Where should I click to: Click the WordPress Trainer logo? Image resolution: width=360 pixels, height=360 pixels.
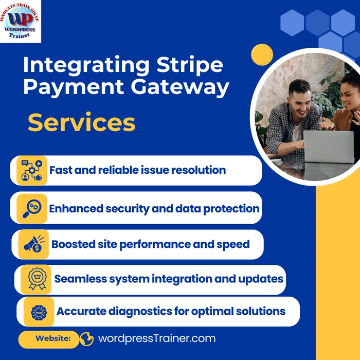point(20,22)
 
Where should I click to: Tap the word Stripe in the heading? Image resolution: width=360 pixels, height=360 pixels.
point(190,65)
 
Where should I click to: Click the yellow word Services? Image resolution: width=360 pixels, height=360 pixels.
point(81,123)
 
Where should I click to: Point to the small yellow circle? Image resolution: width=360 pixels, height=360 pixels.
point(262,55)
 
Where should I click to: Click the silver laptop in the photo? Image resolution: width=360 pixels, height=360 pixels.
point(329,147)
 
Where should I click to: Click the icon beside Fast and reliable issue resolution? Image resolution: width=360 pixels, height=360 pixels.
point(32,170)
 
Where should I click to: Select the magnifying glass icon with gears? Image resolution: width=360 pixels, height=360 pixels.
point(32,208)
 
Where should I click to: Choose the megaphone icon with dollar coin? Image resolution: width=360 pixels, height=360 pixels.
point(34,244)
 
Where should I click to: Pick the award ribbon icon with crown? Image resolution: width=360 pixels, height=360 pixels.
point(36,279)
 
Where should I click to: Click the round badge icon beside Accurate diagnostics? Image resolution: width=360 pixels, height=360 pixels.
point(39,312)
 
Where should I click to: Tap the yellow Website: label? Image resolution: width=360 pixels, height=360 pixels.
point(49,338)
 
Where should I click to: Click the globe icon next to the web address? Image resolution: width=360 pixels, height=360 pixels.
point(87,339)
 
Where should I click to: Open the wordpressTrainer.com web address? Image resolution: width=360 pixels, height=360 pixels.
point(157,338)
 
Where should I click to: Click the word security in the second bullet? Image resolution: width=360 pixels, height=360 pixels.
point(128,209)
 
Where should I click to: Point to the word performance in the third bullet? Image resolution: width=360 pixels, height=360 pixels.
point(155,244)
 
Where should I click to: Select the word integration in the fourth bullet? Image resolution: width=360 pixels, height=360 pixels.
point(182,279)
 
